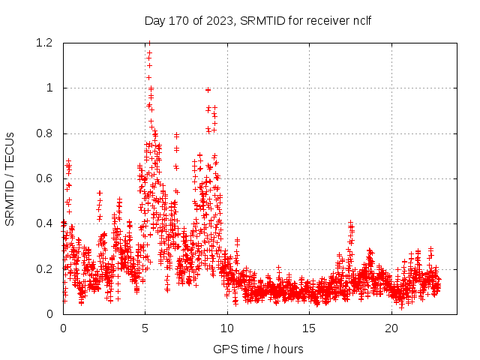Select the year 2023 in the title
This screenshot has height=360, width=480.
pos(218,20)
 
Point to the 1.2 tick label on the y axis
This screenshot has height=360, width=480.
pos(44,43)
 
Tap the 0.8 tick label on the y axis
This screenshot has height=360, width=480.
pos(44,133)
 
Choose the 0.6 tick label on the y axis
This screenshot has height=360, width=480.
pos(44,178)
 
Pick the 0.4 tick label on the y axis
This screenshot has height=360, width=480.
pos(44,223)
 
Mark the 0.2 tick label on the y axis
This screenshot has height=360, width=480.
pos(44,268)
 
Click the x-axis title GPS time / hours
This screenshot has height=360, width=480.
pos(259,349)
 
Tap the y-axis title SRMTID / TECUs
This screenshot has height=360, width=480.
pos(10,178)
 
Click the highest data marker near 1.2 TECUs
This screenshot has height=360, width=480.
pos(149,43)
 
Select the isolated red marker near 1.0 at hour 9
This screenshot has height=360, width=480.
pos(208,90)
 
